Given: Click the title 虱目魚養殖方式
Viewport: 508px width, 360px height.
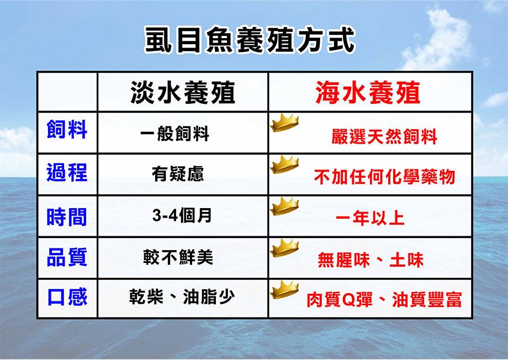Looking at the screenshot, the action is coord(250,40).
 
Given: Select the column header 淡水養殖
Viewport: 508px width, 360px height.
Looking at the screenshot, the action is coord(183,93).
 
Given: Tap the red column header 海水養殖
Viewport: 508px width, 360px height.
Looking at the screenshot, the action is coord(368,93).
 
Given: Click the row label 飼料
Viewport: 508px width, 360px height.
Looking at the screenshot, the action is coord(67,129).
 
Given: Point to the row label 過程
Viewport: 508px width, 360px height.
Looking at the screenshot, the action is coord(67,172).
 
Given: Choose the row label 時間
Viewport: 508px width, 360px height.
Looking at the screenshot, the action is coord(67,216).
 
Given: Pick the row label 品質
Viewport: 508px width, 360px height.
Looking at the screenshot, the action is coord(67,257).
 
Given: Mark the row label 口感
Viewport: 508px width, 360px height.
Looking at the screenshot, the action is coord(67,297).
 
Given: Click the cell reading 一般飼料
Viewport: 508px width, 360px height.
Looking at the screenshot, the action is coord(175,133).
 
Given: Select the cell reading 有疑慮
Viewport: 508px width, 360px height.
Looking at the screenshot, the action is coord(178,174).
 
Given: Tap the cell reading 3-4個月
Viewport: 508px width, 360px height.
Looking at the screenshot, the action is coord(182,215).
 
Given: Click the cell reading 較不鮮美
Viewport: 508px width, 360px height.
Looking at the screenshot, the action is coord(178,257).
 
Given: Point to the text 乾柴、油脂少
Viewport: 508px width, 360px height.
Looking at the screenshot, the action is coord(182,297).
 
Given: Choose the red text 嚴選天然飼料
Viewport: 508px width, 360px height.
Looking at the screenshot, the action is coord(384,136).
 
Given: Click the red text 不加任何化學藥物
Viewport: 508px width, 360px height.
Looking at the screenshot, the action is coord(385,177).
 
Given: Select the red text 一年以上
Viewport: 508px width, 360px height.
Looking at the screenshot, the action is coord(371,218).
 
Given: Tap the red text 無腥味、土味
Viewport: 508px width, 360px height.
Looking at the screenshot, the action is coord(371,260).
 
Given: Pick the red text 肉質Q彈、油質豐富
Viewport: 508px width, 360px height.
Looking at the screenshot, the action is coord(384,299).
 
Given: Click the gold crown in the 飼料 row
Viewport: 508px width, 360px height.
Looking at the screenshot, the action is coord(284,123).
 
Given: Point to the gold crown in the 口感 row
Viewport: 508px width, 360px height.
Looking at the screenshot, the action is coord(284,290).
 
